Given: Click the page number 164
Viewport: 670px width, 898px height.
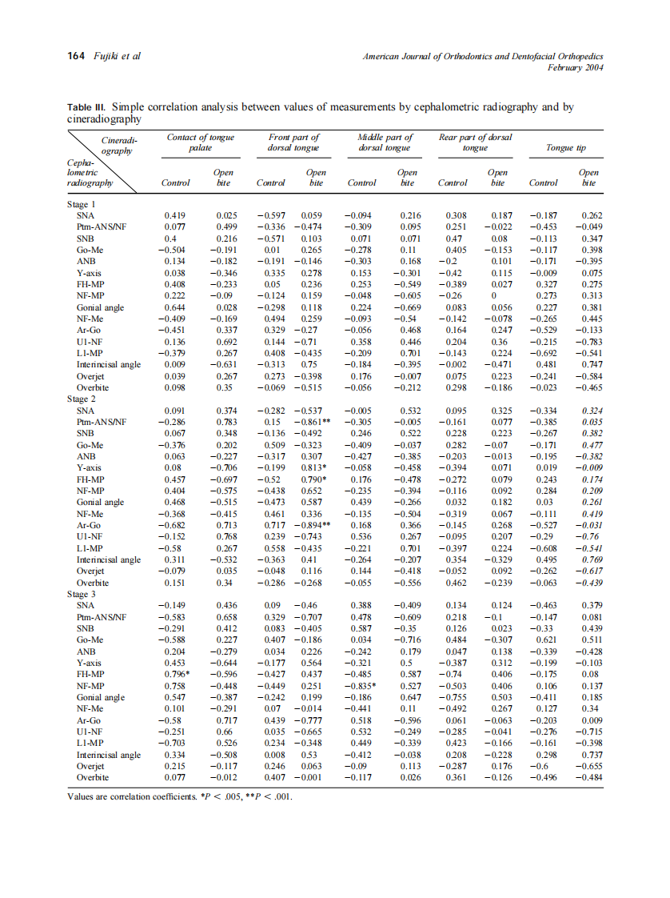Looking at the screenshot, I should pos(77,57).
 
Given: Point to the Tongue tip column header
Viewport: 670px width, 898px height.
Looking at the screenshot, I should pos(565,148).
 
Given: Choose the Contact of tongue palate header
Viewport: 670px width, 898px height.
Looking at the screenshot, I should pos(200,142).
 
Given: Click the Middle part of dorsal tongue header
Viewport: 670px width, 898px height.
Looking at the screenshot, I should pos(386,142).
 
